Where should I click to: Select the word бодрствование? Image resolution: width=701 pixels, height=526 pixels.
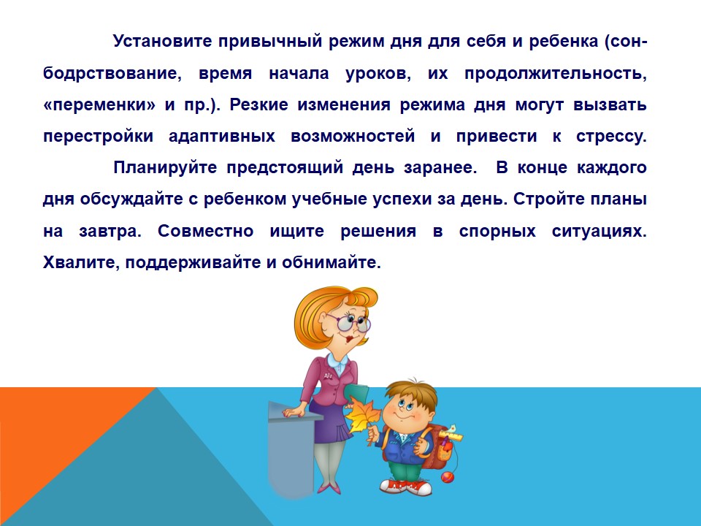[112, 73]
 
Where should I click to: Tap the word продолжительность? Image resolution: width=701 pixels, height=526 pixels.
[556, 73]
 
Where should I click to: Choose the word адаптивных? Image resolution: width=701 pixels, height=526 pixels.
[222, 137]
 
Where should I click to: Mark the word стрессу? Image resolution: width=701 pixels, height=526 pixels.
[611, 137]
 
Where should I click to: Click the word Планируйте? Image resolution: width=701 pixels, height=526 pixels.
[165, 168]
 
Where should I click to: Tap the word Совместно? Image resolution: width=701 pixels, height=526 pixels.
[206, 232]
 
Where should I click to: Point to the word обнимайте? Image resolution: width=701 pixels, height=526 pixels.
[332, 262]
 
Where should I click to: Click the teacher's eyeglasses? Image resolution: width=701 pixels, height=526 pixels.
[349, 322]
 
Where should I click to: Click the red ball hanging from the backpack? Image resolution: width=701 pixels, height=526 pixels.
[447, 478]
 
